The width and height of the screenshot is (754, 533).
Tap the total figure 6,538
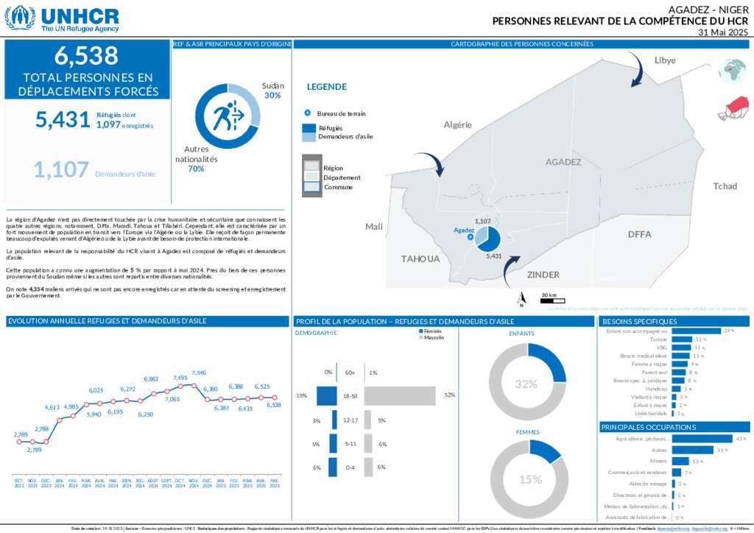[86, 55]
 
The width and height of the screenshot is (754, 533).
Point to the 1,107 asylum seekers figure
[61, 170]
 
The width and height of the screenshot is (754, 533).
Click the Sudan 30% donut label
[273, 91]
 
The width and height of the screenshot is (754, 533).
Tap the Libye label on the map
[664, 60]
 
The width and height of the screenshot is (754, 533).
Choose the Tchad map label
[725, 186]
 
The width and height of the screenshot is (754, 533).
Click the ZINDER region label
[544, 274]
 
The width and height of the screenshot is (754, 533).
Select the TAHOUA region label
[420, 258]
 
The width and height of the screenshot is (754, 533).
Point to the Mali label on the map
[374, 227]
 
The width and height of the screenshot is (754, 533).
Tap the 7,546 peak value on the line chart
[199, 373]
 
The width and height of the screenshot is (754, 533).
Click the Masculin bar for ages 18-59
[400, 396]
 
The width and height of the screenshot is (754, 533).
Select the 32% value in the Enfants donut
[526, 384]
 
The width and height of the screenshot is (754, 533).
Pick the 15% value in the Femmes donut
[529, 479]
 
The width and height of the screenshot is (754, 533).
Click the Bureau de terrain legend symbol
[307, 113]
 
